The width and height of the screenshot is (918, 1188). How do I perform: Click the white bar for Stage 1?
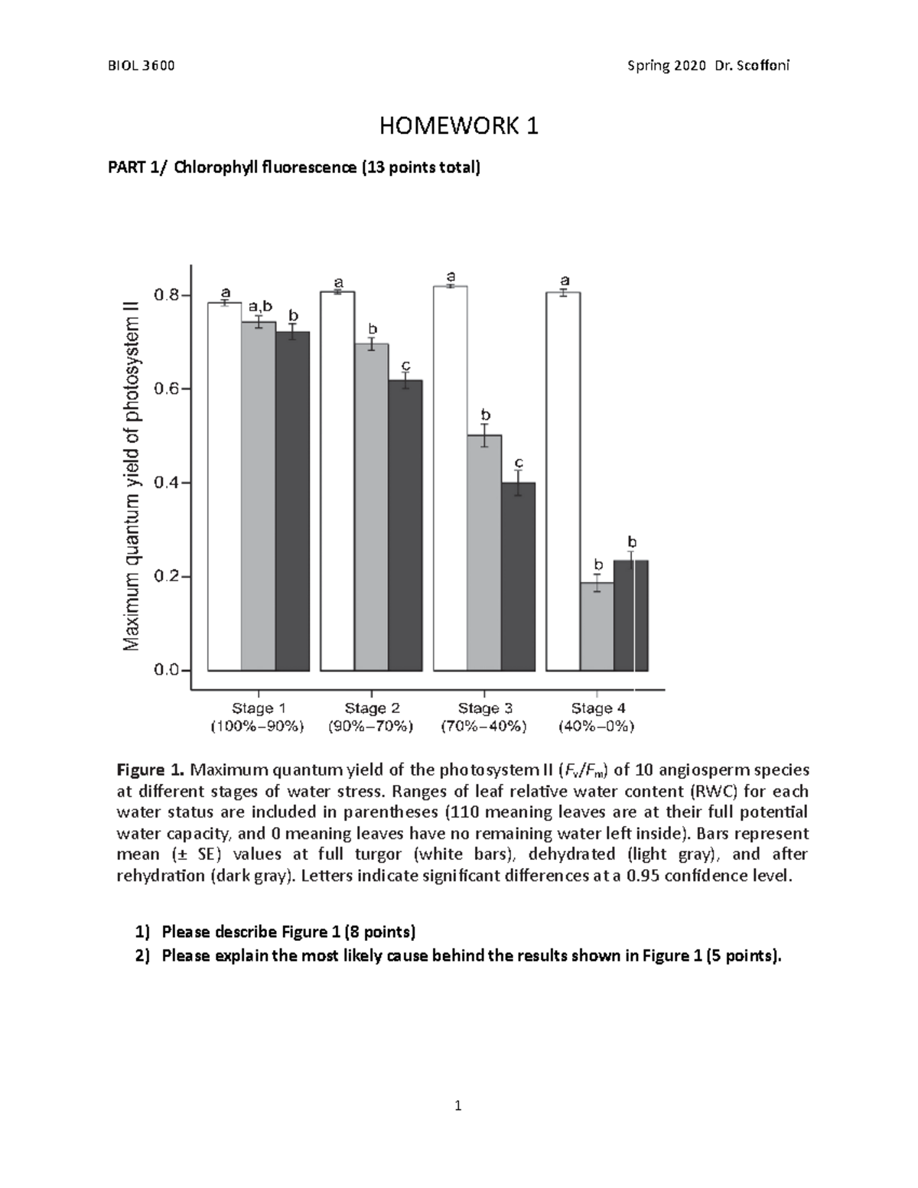(x=224, y=487)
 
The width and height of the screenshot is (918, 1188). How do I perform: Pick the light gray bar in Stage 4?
(x=597, y=627)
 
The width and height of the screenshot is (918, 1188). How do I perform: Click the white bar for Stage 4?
(x=563, y=481)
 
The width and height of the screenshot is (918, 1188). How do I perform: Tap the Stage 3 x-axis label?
(x=484, y=708)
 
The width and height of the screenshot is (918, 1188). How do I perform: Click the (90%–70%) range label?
(x=371, y=727)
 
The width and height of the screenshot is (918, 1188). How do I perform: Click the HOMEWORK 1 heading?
(x=459, y=126)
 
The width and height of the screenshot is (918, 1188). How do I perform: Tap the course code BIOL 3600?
(x=142, y=66)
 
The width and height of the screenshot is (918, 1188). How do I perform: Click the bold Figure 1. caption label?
(x=150, y=769)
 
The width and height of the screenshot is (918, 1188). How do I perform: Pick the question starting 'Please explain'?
(x=471, y=955)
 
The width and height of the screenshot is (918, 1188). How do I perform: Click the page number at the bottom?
(x=458, y=1105)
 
